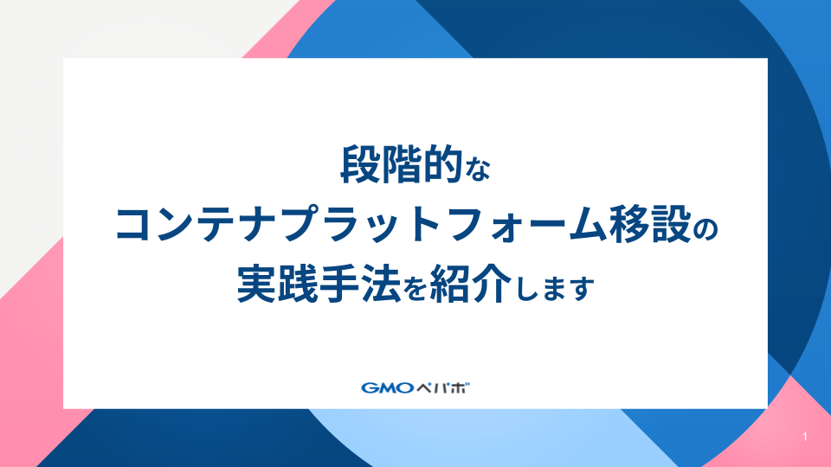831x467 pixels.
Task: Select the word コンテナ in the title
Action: coord(190,226)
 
